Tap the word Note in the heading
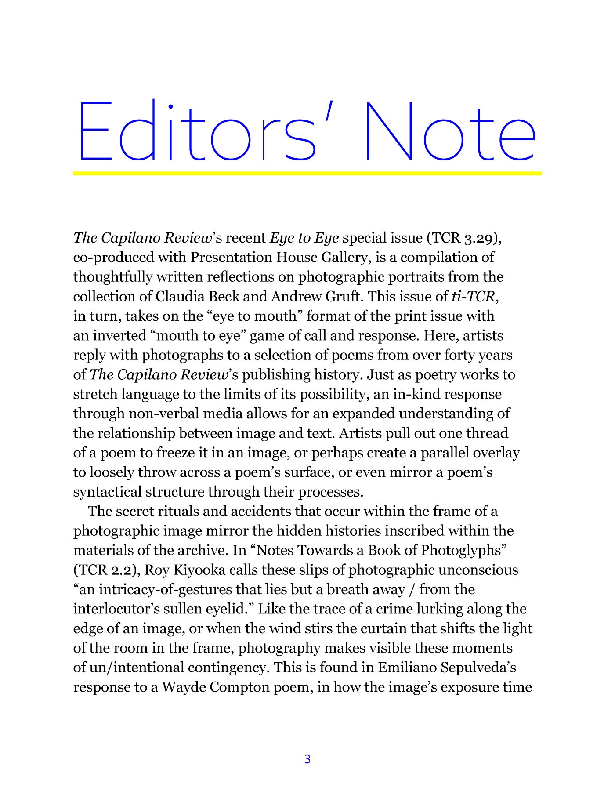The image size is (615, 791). pyautogui.click(x=450, y=132)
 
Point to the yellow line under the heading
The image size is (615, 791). pyautogui.click(x=307, y=173)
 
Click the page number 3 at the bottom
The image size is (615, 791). pyautogui.click(x=307, y=759)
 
